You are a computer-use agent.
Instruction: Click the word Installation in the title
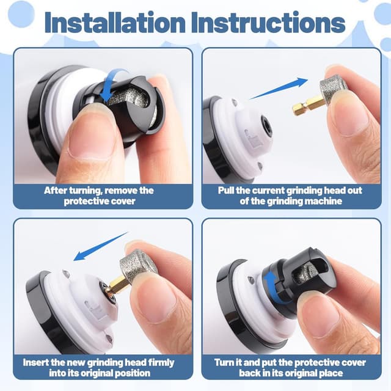point(115,23)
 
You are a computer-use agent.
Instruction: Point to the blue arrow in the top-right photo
point(279,88)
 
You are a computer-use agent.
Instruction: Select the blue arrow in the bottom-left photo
point(101,247)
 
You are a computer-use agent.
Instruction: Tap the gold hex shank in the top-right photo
point(309,106)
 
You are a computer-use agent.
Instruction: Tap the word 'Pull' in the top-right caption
point(226,191)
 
